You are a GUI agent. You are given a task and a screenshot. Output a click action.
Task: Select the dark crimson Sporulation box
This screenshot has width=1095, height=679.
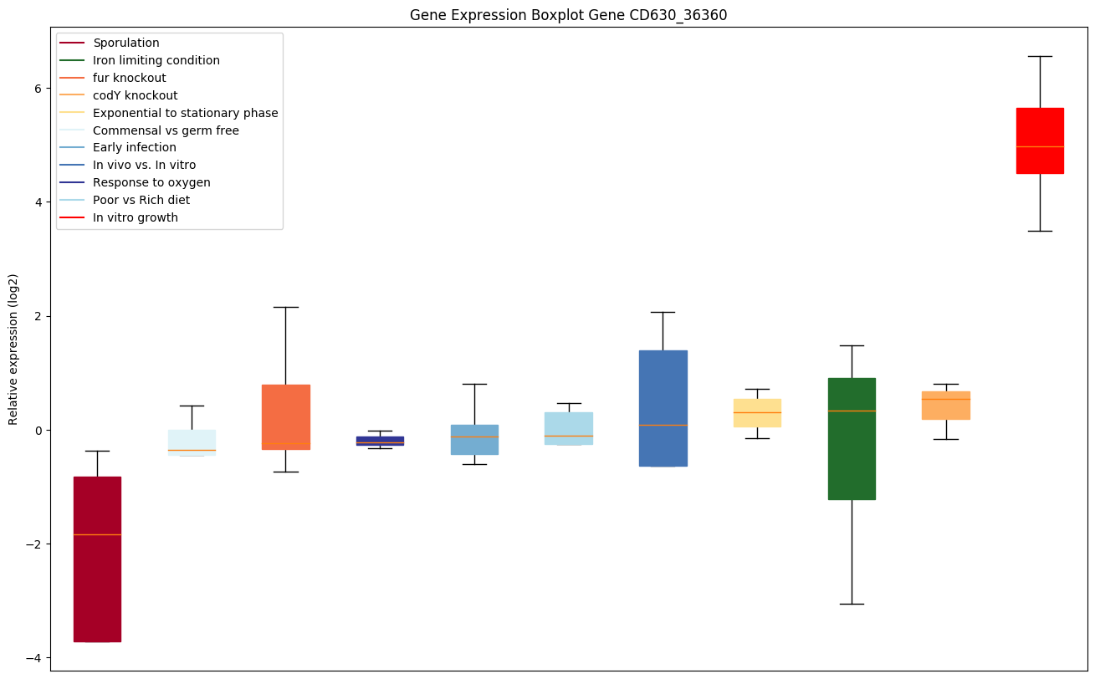coord(97,585)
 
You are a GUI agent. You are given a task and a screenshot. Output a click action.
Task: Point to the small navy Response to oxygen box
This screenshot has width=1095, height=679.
coord(380,441)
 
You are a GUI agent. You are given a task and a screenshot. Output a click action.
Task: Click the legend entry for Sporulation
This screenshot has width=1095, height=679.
coord(126,43)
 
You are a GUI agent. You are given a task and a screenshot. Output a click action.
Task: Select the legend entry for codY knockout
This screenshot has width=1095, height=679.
coord(136,95)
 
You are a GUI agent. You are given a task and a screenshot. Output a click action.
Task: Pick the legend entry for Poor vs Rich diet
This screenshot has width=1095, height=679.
coord(141,200)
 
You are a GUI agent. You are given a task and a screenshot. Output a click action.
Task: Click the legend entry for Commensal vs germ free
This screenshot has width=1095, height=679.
coord(166,130)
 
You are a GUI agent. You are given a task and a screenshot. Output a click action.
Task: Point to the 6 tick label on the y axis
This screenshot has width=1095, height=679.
coord(38,89)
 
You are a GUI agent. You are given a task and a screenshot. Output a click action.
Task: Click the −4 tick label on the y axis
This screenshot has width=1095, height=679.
coord(34,657)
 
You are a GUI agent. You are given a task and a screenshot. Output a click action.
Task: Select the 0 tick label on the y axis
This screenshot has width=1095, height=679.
coord(38,430)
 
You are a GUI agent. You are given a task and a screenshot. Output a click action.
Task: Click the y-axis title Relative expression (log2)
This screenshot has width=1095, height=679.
coord(13,350)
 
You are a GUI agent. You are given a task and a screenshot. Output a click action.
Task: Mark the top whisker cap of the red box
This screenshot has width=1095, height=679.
coord(1040,56)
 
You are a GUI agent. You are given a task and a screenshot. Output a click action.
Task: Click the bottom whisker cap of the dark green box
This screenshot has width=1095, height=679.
coord(852,604)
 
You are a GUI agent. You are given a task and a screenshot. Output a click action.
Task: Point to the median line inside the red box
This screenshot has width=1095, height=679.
coord(1040,146)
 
